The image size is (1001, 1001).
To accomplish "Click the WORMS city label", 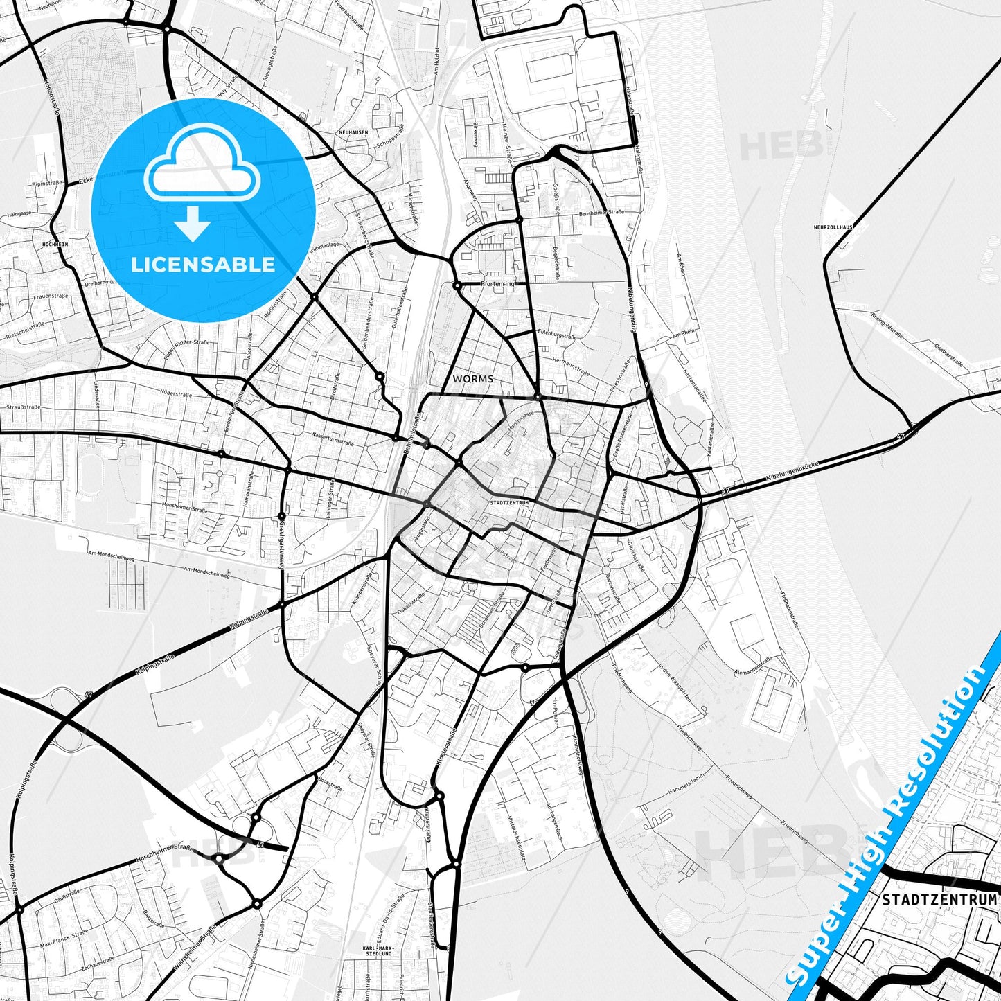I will pos(473,379).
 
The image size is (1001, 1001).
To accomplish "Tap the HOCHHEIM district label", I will pos(55,245).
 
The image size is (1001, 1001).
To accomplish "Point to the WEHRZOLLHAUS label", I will pos(833,227).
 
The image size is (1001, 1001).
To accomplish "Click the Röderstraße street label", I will pos(175,393).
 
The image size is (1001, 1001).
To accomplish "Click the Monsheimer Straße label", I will pos(184,508).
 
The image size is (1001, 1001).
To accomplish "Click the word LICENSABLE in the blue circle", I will pos(203,264).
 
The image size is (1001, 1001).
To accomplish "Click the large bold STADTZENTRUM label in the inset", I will pos(939,899).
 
